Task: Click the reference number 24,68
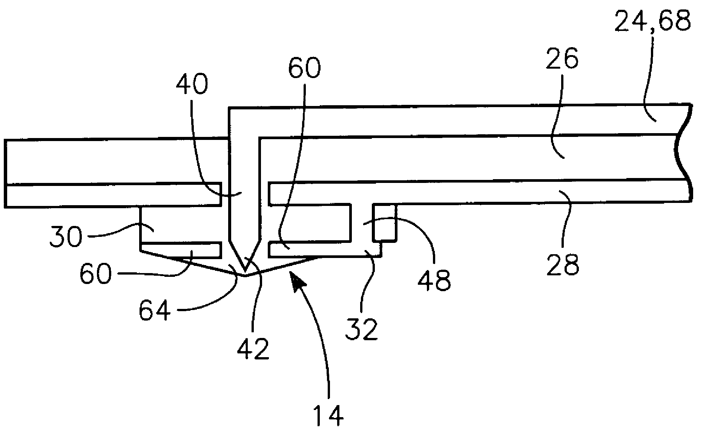652,21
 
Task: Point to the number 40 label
192,84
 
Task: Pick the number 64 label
155,312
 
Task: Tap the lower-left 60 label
96,273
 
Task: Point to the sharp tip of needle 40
245,271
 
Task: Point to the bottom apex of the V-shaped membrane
245,276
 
